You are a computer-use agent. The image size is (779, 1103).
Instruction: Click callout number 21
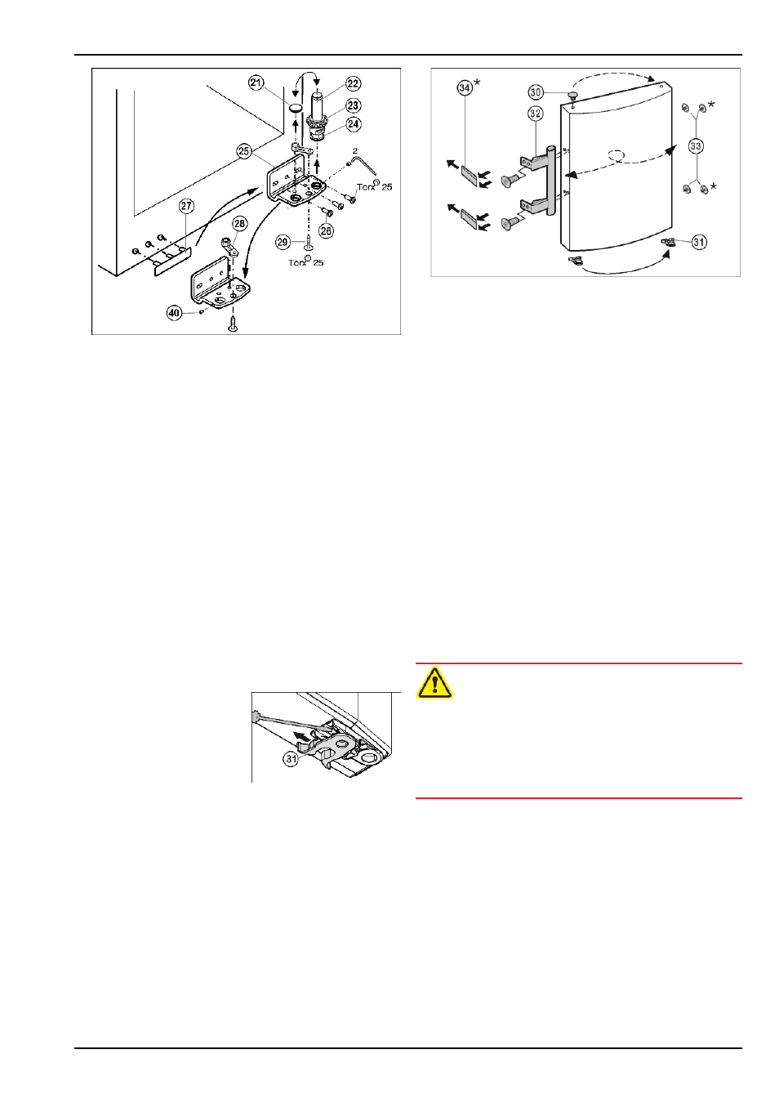pyautogui.click(x=256, y=83)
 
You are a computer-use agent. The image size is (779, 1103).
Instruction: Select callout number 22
pyautogui.click(x=354, y=83)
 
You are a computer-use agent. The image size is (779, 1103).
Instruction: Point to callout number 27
pyautogui.click(x=186, y=206)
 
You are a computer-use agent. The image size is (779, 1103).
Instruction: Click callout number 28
pyautogui.click(x=239, y=225)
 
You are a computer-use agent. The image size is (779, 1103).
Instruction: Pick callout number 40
pyautogui.click(x=174, y=313)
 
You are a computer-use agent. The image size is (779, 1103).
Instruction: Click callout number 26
pyautogui.click(x=327, y=230)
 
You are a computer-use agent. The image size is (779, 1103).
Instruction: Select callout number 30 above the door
pyautogui.click(x=536, y=92)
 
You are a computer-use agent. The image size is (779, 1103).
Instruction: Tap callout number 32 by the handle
pyautogui.click(x=536, y=114)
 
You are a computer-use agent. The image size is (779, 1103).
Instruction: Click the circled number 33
pyautogui.click(x=696, y=146)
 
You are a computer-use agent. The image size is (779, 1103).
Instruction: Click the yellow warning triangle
pyautogui.click(x=434, y=682)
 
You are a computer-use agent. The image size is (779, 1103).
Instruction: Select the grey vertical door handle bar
pyautogui.click(x=551, y=181)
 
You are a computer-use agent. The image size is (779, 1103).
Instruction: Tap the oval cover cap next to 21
pyautogui.click(x=296, y=108)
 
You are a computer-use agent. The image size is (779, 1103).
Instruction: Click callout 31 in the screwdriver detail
pyautogui.click(x=292, y=759)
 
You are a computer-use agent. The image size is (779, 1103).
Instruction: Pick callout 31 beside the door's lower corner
pyautogui.click(x=699, y=243)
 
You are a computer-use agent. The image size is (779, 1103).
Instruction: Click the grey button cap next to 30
pyautogui.click(x=573, y=95)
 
